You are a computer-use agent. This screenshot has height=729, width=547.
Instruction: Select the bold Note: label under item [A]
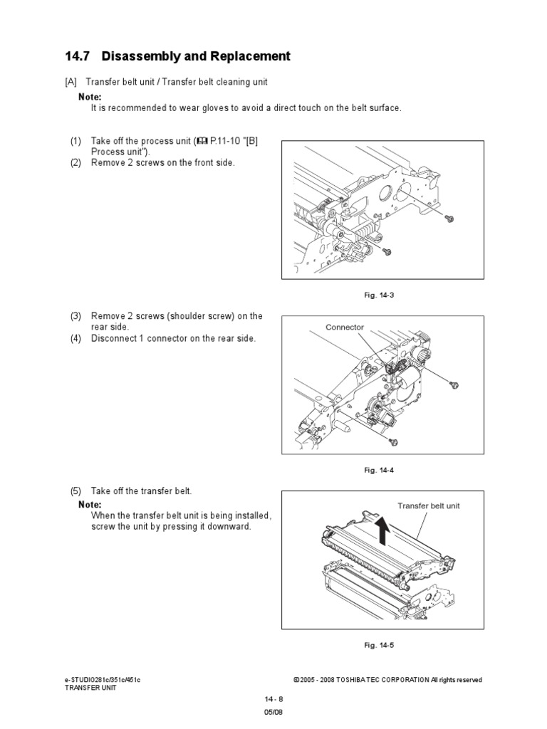coord(90,97)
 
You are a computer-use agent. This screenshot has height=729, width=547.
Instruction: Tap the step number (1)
coord(75,141)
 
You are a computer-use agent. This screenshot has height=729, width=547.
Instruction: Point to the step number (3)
coord(75,316)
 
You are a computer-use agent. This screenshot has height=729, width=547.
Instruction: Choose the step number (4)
coord(75,338)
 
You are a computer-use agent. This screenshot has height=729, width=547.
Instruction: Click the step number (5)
coord(75,491)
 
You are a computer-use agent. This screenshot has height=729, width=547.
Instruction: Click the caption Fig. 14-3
coord(379,295)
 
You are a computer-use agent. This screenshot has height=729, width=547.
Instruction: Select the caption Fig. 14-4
coord(379,470)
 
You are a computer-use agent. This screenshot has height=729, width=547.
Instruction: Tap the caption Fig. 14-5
coord(379,645)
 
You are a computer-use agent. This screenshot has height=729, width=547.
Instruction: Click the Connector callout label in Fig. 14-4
coord(345,327)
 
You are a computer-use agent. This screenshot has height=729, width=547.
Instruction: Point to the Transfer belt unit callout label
coord(429,505)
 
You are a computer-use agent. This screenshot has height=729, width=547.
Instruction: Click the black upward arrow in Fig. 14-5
coord(382,530)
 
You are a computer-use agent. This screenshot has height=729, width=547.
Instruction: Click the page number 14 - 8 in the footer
coord(273,698)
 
